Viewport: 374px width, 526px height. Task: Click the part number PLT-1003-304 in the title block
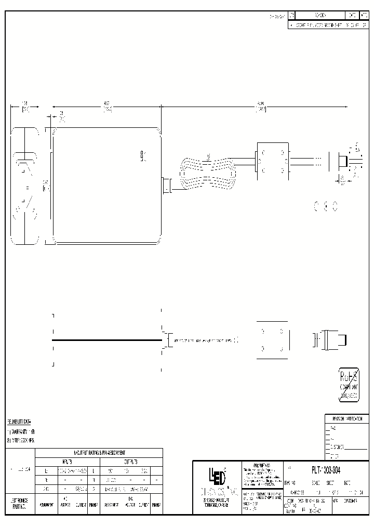coord(326,470)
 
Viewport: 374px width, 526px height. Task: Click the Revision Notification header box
coord(343,418)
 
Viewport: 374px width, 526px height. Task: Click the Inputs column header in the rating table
coord(65,462)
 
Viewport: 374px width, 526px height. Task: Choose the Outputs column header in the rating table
coord(130,462)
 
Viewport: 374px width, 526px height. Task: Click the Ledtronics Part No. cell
coord(20,503)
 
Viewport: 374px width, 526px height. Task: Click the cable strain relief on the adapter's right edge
coord(166,186)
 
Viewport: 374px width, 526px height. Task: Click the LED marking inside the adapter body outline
coord(143,156)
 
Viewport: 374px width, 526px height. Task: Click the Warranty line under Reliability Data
coord(21,432)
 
